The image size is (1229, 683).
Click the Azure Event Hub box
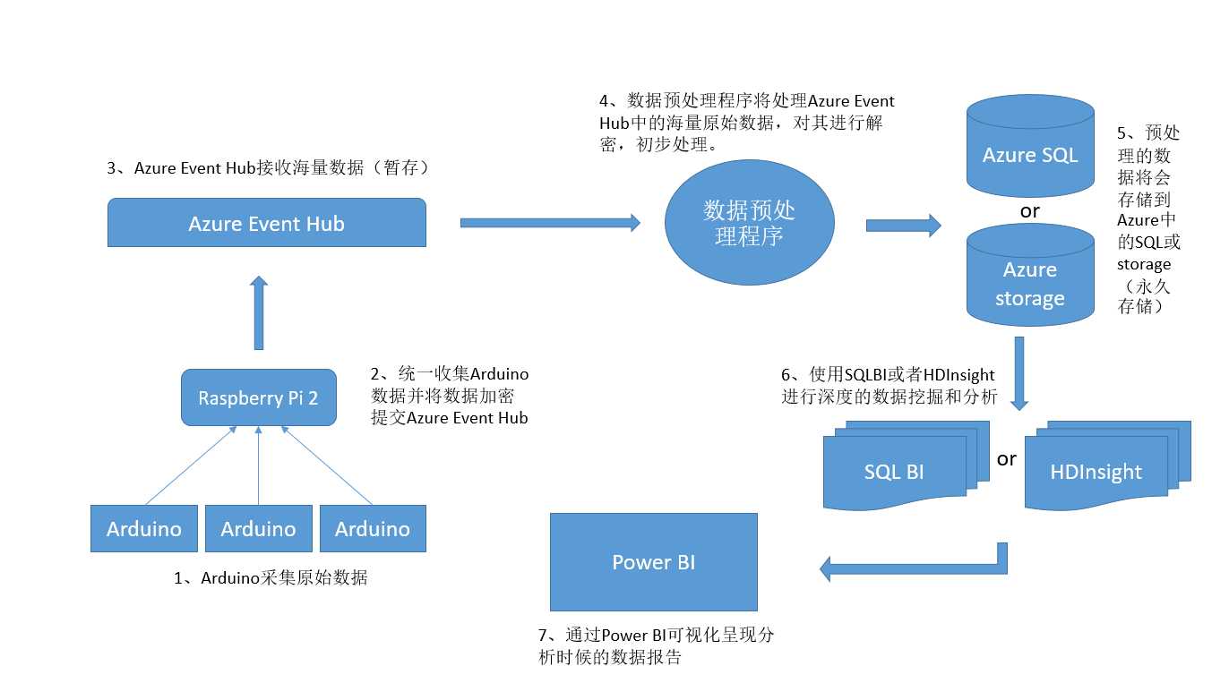point(266,223)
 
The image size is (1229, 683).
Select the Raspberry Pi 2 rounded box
point(258,397)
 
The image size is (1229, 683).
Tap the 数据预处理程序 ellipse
point(749,223)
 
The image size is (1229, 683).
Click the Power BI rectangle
point(653,562)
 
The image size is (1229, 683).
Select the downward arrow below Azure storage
point(1019,372)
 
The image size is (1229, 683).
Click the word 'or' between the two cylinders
point(1030,212)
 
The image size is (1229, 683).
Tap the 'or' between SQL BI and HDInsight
point(1007,459)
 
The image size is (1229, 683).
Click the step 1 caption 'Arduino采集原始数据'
point(271,578)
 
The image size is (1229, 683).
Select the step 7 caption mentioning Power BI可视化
point(656,646)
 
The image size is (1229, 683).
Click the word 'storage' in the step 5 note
point(1144,265)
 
